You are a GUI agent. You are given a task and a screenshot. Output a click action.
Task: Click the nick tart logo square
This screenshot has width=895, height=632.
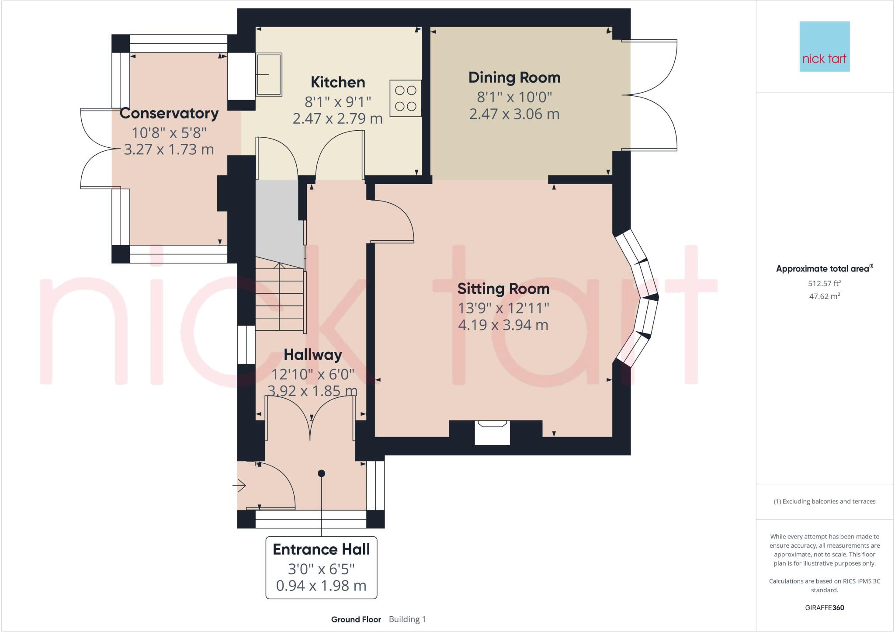tap(824, 46)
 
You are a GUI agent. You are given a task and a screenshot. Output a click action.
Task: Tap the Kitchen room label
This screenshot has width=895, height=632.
tap(337, 82)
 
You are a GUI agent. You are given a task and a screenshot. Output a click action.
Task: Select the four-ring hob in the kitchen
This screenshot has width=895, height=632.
tap(406, 98)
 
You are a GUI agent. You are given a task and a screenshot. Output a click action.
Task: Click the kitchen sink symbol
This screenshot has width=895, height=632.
tap(268, 74)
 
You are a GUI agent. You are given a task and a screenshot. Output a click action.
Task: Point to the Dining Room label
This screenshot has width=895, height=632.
tap(514, 77)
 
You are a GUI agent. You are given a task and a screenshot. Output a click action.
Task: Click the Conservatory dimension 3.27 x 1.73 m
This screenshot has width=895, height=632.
tap(169, 149)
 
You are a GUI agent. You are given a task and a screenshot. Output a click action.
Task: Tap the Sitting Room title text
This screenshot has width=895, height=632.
tap(503, 288)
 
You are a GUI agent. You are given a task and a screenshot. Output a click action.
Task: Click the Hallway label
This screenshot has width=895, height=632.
tap(312, 354)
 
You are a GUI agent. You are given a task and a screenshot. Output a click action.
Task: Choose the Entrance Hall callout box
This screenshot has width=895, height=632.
tap(321, 567)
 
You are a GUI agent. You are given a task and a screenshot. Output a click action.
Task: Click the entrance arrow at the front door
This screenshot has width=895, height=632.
tap(239, 485)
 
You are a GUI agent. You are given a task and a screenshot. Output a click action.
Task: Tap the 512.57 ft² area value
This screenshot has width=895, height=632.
tap(824, 283)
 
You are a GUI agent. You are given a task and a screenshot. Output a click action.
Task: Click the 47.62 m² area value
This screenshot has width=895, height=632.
tap(824, 296)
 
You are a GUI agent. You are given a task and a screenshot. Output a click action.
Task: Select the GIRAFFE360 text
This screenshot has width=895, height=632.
tap(824, 608)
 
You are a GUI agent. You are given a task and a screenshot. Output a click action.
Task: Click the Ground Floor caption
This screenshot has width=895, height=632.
tap(356, 619)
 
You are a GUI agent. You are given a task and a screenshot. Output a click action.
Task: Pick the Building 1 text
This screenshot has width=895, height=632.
tap(407, 619)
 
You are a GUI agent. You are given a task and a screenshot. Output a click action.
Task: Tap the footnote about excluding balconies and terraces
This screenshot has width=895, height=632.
tap(824, 501)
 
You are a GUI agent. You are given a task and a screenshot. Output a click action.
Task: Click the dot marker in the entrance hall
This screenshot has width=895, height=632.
tap(322, 473)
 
